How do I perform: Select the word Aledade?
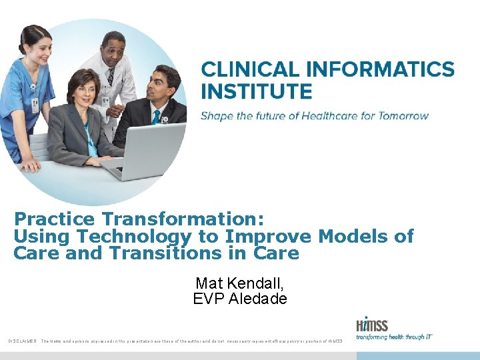coord(258,299)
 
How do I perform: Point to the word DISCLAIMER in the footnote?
coord(22,341)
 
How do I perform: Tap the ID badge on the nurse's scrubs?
coord(35,105)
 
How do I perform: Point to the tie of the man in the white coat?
coord(111,76)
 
